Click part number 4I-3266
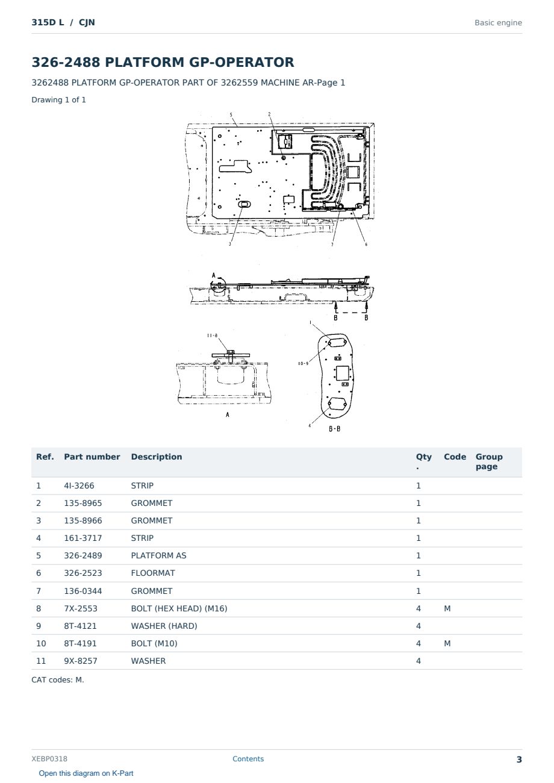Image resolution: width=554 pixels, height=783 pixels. coord(79,485)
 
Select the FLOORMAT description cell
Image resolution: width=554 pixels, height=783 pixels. coord(153,573)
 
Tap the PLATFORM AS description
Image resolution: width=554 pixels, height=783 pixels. coord(158,555)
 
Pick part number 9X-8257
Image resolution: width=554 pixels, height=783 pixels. coord(81,661)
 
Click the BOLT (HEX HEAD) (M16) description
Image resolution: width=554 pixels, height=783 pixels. coord(179,608)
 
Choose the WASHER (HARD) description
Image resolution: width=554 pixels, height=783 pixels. coord(164,626)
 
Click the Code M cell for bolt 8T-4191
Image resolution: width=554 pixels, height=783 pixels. coord(447,643)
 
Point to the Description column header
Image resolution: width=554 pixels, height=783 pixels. coord(156,457)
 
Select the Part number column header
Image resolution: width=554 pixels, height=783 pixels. coord(92,457)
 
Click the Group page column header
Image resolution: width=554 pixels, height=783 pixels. coord(489,461)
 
